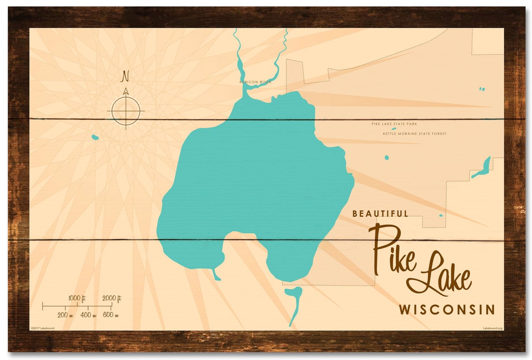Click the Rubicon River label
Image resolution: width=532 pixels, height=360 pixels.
click(x=255, y=82)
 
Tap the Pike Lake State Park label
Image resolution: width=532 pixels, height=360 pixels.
click(x=394, y=124)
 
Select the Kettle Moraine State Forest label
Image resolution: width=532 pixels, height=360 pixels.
click(x=415, y=133)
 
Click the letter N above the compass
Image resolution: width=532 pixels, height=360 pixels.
click(x=126, y=76)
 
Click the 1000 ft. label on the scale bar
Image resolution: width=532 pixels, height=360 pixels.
click(x=77, y=298)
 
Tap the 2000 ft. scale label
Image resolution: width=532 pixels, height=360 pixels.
click(x=112, y=298)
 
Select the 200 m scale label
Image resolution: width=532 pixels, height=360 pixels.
click(x=66, y=315)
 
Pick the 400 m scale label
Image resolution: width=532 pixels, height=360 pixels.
click(x=88, y=315)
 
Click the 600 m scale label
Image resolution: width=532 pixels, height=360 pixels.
click(x=111, y=315)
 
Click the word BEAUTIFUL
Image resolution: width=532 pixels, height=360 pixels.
click(x=380, y=214)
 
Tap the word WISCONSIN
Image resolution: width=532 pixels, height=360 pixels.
click(x=447, y=310)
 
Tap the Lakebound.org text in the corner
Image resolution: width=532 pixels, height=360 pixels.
click(x=493, y=327)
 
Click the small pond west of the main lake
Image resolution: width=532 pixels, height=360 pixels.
click(x=95, y=137)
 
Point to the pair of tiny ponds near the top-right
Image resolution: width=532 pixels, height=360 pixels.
click(x=482, y=89)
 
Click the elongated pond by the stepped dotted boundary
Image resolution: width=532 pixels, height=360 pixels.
click(x=481, y=168)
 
